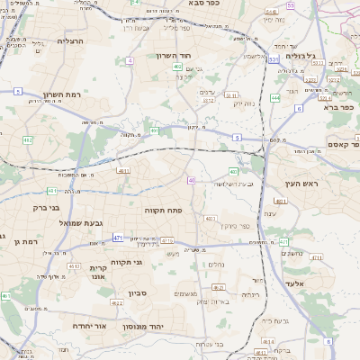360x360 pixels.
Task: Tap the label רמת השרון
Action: pos(62,94)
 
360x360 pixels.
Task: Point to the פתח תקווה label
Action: pos(163,209)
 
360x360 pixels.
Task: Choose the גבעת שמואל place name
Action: pos(84,222)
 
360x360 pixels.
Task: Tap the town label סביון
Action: pos(138,293)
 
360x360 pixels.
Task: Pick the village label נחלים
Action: pos(216,264)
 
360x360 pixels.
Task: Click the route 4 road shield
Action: pos(129,60)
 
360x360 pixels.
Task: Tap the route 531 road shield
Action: pos(273,60)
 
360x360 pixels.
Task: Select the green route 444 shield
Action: pos(274,97)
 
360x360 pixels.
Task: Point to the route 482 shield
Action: pos(27,140)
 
